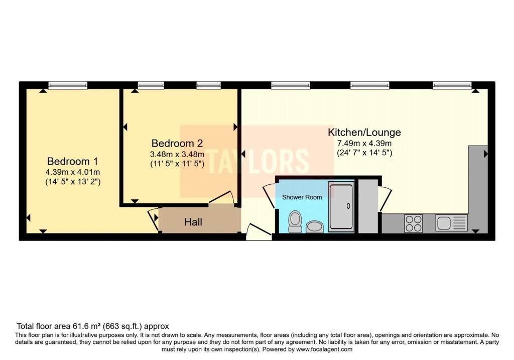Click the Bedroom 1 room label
[x=72, y=161]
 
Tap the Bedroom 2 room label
[x=177, y=143]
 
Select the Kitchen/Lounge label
[x=364, y=132]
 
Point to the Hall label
[x=193, y=222]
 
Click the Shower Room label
[x=302, y=197]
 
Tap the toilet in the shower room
[x=295, y=221]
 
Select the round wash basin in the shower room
[x=315, y=227]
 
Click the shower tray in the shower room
[x=341, y=207]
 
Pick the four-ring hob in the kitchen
[x=414, y=223]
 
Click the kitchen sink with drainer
[x=451, y=222]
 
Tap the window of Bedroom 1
[x=68, y=85]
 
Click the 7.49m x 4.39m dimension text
[x=364, y=143]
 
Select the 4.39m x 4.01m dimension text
[x=73, y=172]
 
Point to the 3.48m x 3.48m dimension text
[x=177, y=154]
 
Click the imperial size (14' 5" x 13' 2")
[x=73, y=182]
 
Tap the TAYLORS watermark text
[x=257, y=161]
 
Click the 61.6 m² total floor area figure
[x=86, y=326]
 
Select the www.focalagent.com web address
[x=324, y=349]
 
